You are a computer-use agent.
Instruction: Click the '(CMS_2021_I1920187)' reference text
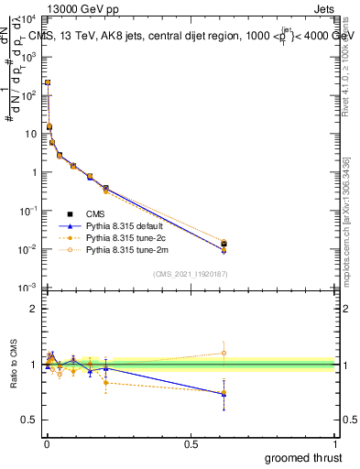pos(191,273)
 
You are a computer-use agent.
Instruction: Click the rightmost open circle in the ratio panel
pos(224,353)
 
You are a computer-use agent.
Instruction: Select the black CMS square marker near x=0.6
pos(224,244)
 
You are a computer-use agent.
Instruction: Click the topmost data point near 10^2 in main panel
pos(48,82)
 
